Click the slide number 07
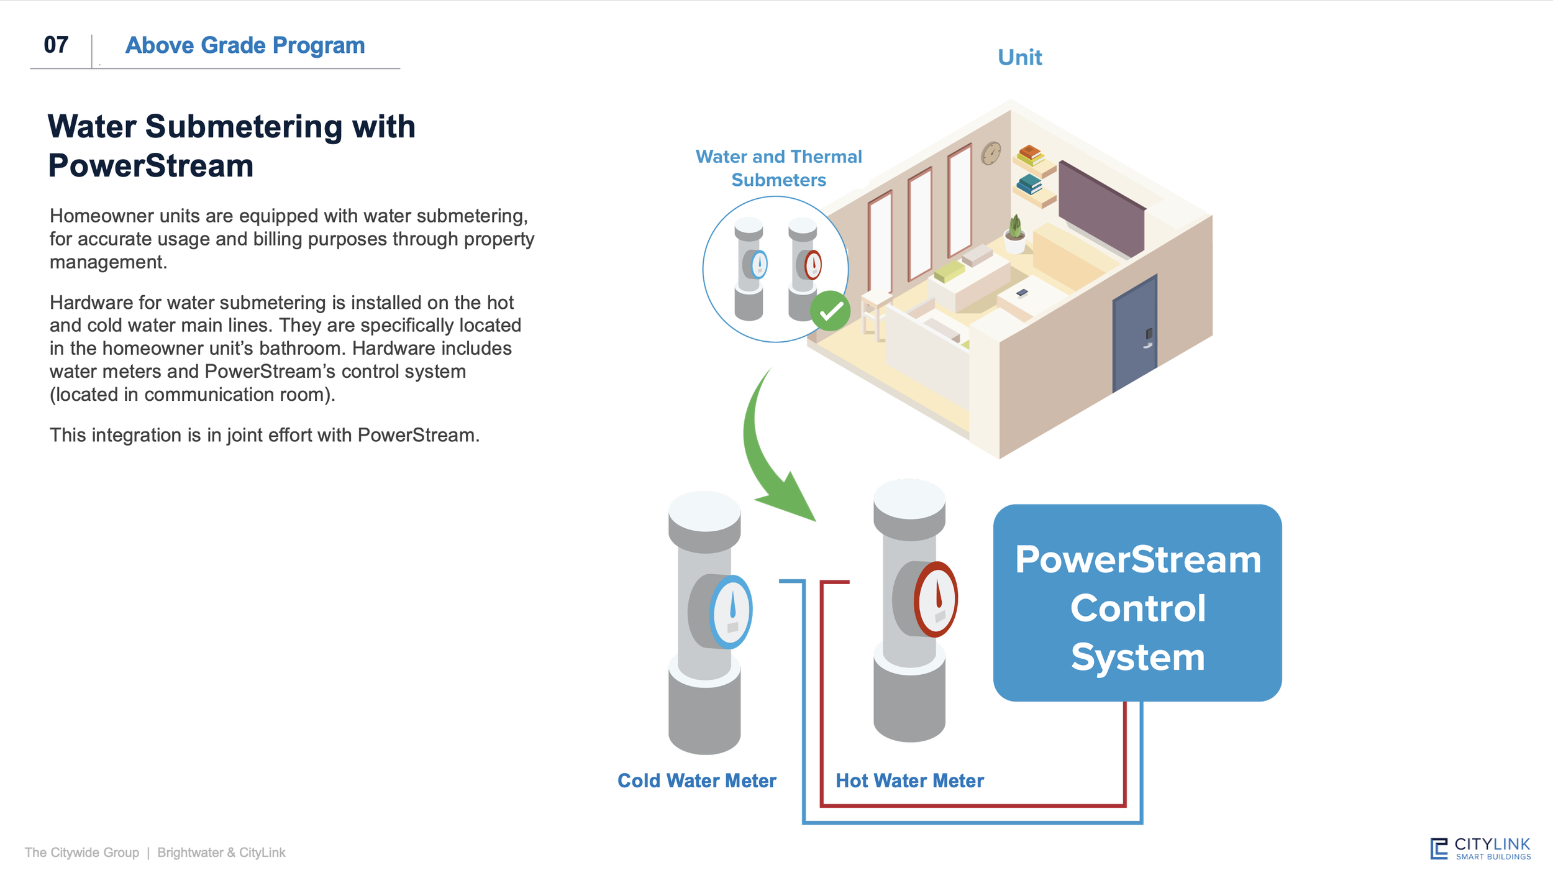click(x=56, y=45)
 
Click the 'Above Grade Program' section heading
click(x=245, y=45)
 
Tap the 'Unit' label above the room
click(x=1019, y=57)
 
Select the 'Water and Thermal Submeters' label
click(x=778, y=168)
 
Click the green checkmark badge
click(x=830, y=311)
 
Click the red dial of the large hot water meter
click(x=936, y=599)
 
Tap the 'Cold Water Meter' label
click(x=696, y=781)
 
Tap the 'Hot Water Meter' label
click(x=909, y=781)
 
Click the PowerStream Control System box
click(x=1137, y=603)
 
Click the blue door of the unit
click(x=1134, y=336)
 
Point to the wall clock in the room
click(x=991, y=153)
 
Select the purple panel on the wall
click(x=1101, y=208)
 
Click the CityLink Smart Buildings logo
click(x=1480, y=848)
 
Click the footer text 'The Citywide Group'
click(x=82, y=853)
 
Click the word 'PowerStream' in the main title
click(x=151, y=166)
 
